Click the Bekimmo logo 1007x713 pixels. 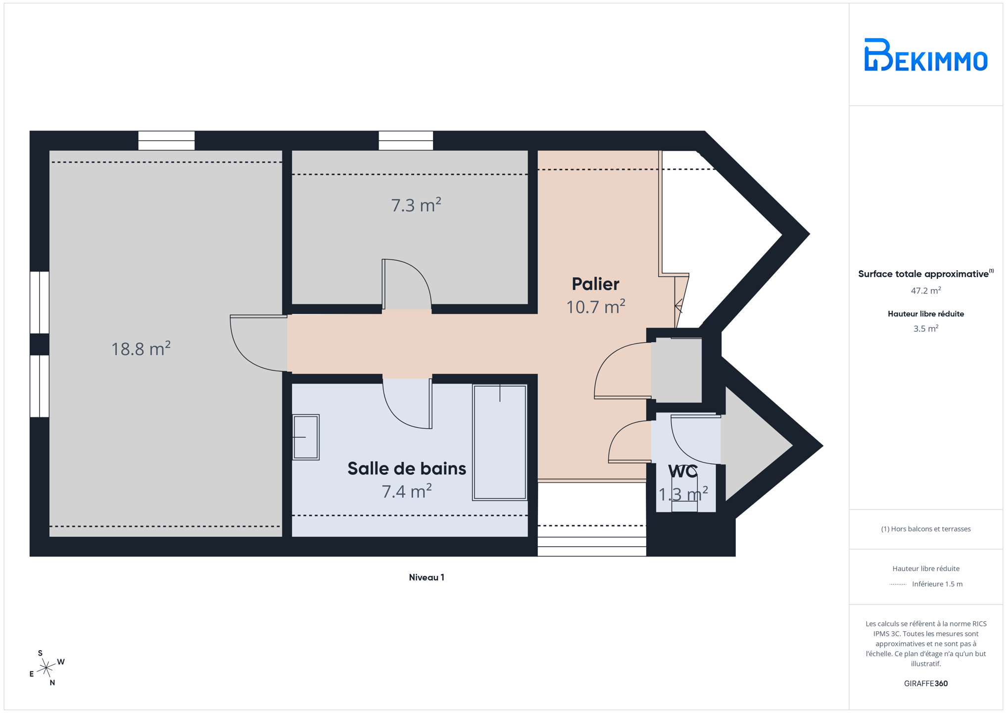tap(925, 54)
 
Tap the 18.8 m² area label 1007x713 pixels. tap(141, 348)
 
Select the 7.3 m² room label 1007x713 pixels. tap(416, 204)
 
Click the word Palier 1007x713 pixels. tap(595, 284)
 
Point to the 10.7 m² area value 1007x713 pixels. tap(596, 306)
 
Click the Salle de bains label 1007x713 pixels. tap(407, 468)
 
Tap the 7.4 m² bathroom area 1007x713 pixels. tap(407, 491)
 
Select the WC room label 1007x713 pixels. tap(683, 471)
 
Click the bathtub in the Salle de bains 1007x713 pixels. tap(500, 442)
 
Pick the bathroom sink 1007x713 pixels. tap(306, 437)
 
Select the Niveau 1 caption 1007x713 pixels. tap(427, 577)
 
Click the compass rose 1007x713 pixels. tap(47, 668)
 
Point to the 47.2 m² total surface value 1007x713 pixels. tap(926, 290)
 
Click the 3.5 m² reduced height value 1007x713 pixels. tap(926, 328)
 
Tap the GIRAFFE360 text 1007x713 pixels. tap(926, 683)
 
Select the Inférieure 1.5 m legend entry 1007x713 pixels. tap(926, 584)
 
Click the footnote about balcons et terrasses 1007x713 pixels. tap(926, 529)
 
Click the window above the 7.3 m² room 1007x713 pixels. tap(406, 141)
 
